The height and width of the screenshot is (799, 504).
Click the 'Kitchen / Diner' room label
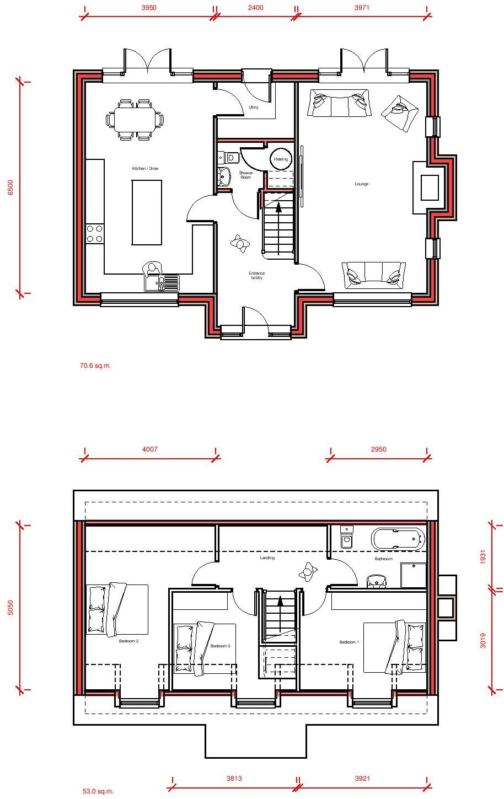pyautogui.click(x=145, y=168)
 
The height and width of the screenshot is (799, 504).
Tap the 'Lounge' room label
pyautogui.click(x=361, y=184)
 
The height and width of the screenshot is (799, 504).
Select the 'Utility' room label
pyautogui.click(x=254, y=108)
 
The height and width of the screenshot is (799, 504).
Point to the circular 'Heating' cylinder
pyautogui.click(x=281, y=159)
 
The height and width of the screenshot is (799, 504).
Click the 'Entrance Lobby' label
pyautogui.click(x=256, y=276)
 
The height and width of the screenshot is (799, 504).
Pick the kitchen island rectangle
pyautogui.click(x=147, y=212)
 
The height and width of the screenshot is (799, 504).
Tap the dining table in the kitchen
pyautogui.click(x=135, y=119)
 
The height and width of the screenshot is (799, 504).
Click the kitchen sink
pyautogui.click(x=162, y=283)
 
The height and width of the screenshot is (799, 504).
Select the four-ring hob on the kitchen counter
pyautogui.click(x=95, y=233)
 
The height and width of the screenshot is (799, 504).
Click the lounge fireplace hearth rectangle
pyautogui.click(x=430, y=188)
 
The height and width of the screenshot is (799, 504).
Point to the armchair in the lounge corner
pyautogui.click(x=400, y=112)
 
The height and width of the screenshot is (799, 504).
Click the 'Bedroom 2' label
pyautogui.click(x=128, y=641)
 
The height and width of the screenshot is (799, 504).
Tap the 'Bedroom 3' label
pyautogui.click(x=219, y=646)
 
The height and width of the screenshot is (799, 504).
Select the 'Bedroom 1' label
pyautogui.click(x=349, y=642)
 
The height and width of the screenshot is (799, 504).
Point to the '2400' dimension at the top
pyautogui.click(x=255, y=8)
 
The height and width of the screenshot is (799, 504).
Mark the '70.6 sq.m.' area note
pyautogui.click(x=95, y=365)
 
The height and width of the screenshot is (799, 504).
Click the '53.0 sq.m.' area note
pyautogui.click(x=98, y=791)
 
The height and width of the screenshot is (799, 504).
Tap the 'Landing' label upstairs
pyautogui.click(x=267, y=558)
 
